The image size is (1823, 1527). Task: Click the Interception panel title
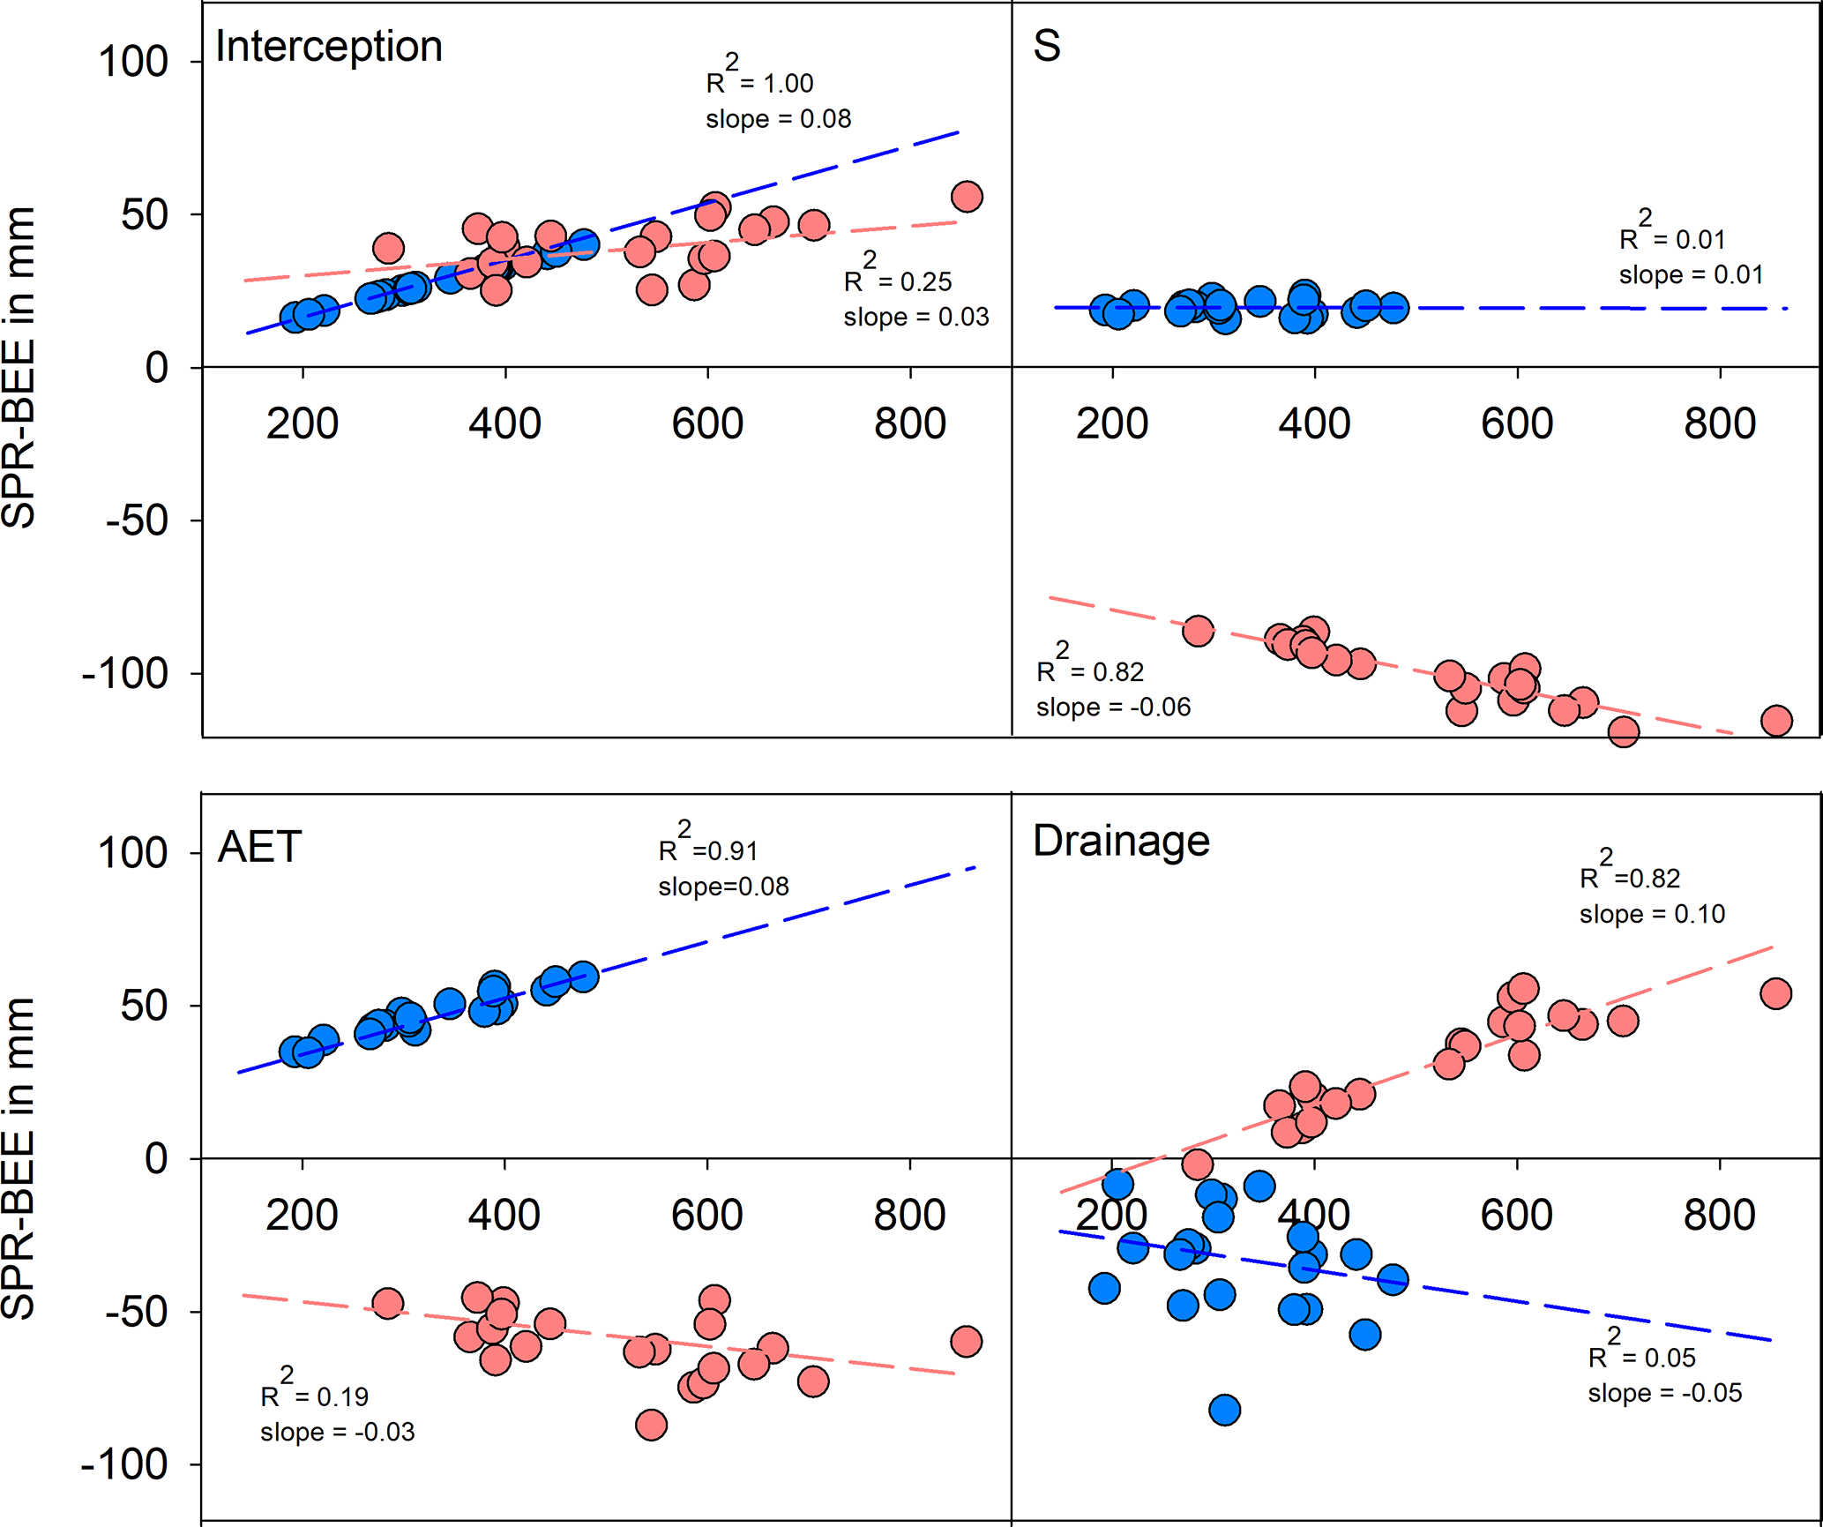tap(328, 46)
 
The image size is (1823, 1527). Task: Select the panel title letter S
tap(1046, 46)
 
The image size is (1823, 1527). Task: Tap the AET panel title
tap(259, 847)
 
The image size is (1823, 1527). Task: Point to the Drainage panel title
tap(1121, 841)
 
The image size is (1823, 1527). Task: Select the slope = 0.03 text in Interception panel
tap(915, 317)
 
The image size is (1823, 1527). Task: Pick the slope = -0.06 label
tap(1113, 707)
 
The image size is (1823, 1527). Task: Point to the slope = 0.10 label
tap(1652, 914)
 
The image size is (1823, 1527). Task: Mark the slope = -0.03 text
tap(337, 1432)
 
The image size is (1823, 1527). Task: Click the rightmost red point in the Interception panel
tap(967, 197)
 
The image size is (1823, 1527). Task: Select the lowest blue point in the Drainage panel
tap(1224, 1410)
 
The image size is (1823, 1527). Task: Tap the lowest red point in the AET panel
tap(651, 1425)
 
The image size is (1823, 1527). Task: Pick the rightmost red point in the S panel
tap(1776, 721)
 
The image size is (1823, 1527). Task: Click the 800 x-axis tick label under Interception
tap(909, 424)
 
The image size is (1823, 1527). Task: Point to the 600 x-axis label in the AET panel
tap(706, 1216)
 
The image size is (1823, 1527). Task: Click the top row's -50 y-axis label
tap(137, 520)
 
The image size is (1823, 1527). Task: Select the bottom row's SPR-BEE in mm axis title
tap(19, 1158)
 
